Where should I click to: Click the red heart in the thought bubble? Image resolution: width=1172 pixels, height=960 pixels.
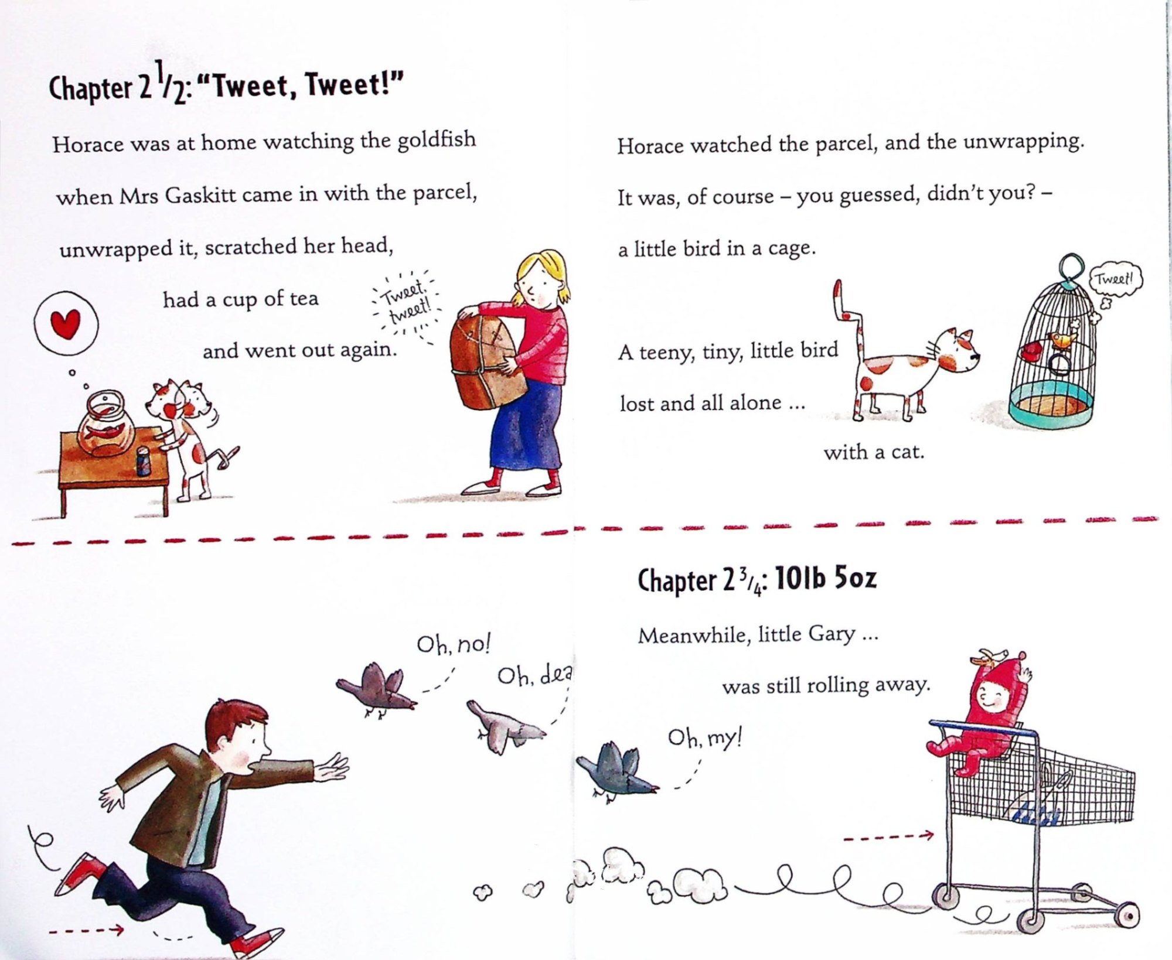point(65,324)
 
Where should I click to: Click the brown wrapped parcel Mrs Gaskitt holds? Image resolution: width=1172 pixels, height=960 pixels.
point(484,362)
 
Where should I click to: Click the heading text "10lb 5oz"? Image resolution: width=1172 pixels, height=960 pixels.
point(826,579)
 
